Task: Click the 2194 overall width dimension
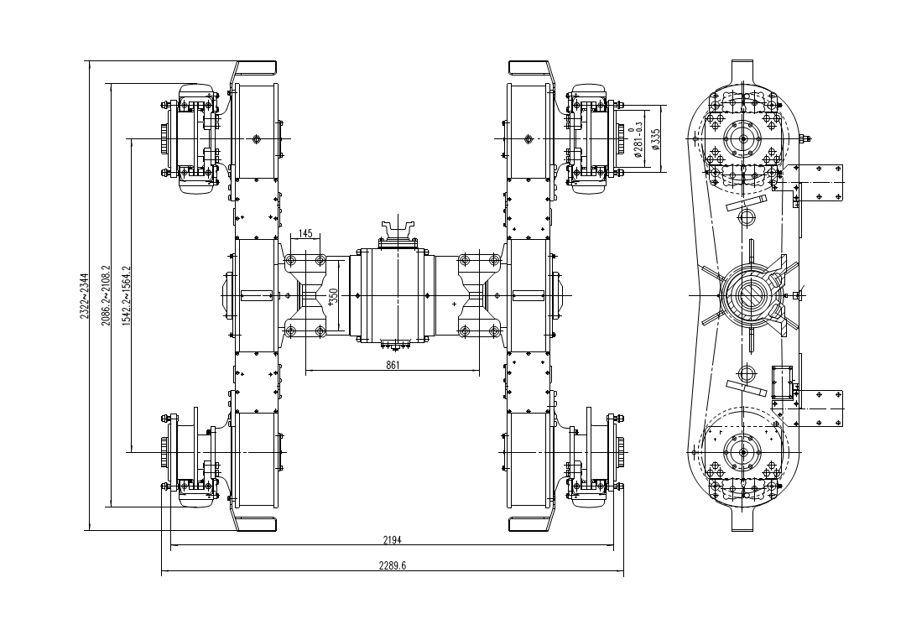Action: click(392, 540)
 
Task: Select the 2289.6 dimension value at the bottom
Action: click(392, 566)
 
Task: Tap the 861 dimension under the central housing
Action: click(392, 365)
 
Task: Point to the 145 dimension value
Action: click(305, 233)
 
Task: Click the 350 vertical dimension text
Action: click(333, 296)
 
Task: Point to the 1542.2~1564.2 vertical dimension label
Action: click(127, 295)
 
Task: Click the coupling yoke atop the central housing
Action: click(398, 229)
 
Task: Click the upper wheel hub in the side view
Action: click(742, 138)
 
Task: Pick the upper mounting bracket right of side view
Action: click(818, 183)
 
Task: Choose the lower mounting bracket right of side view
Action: click(818, 408)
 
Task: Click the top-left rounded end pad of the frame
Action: click(255, 67)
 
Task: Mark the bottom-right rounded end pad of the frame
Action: click(530, 524)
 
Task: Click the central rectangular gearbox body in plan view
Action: click(392, 295)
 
